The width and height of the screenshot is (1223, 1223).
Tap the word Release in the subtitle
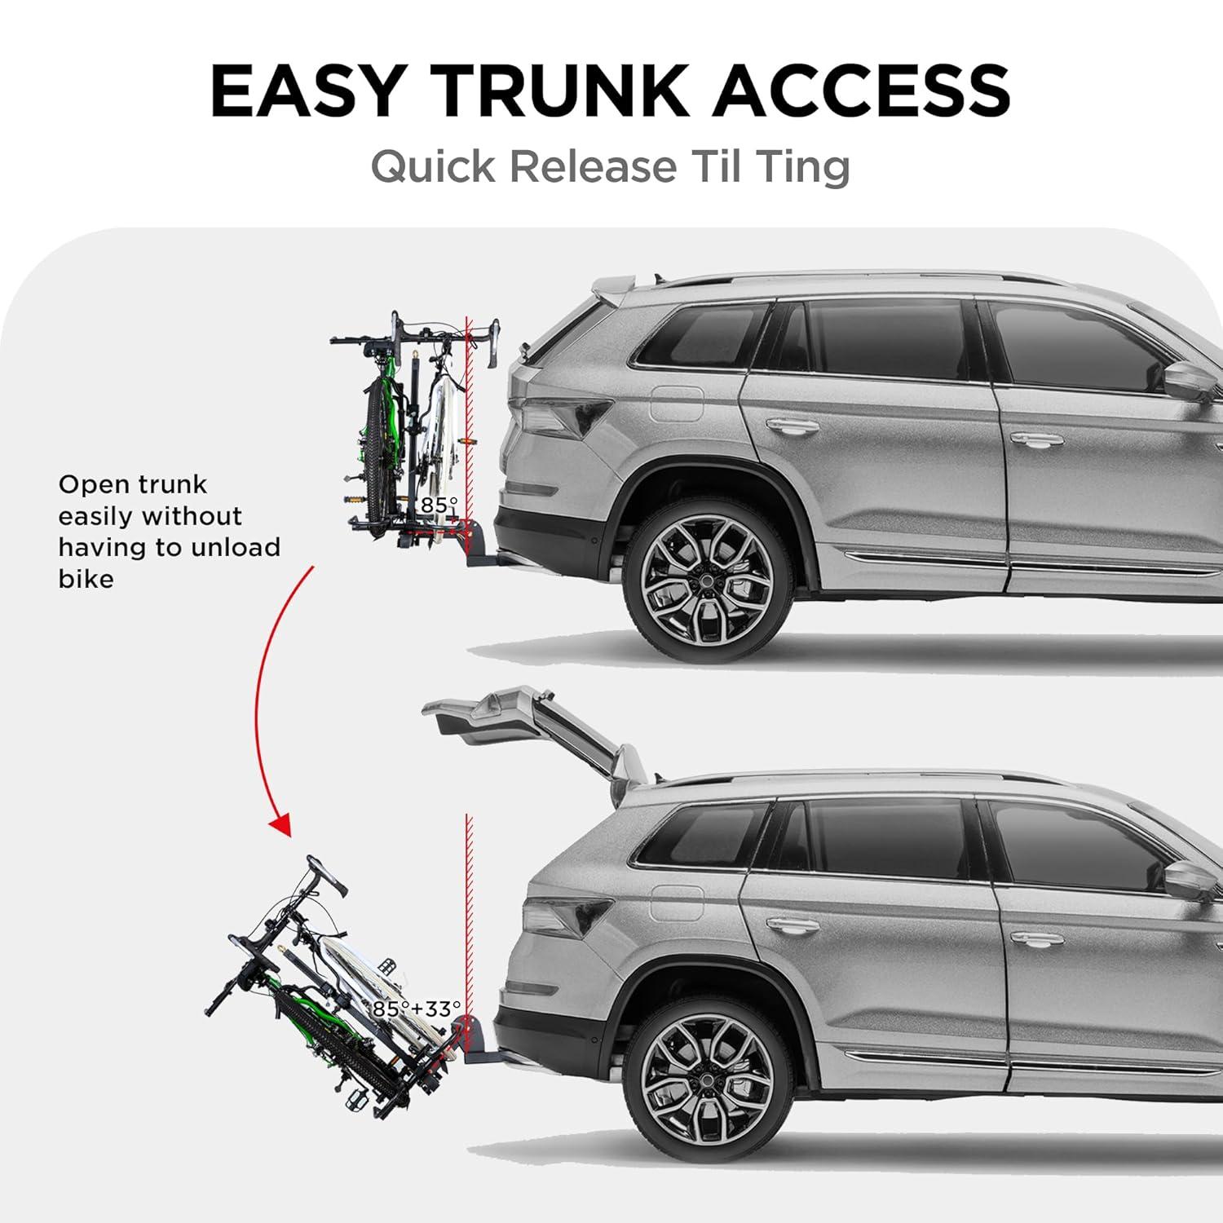(x=594, y=166)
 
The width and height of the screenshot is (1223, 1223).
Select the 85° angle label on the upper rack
(x=439, y=506)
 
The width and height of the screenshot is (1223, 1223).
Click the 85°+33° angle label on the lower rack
(x=417, y=1009)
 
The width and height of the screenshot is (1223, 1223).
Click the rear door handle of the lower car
(x=791, y=925)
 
